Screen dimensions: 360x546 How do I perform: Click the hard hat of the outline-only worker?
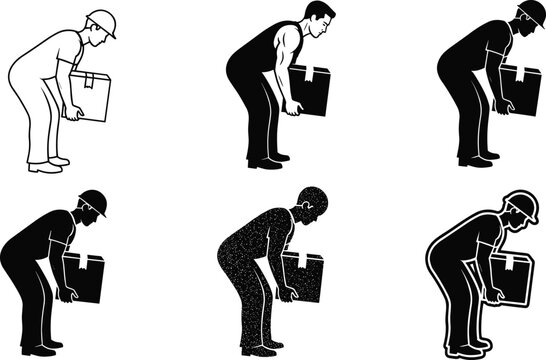(x=100, y=21)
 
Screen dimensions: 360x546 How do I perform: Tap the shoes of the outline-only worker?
(x=47, y=165)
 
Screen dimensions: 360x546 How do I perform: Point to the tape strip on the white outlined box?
(x=96, y=79)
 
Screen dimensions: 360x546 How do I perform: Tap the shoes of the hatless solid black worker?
(x=268, y=161)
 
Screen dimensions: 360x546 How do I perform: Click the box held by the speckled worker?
(x=303, y=277)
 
